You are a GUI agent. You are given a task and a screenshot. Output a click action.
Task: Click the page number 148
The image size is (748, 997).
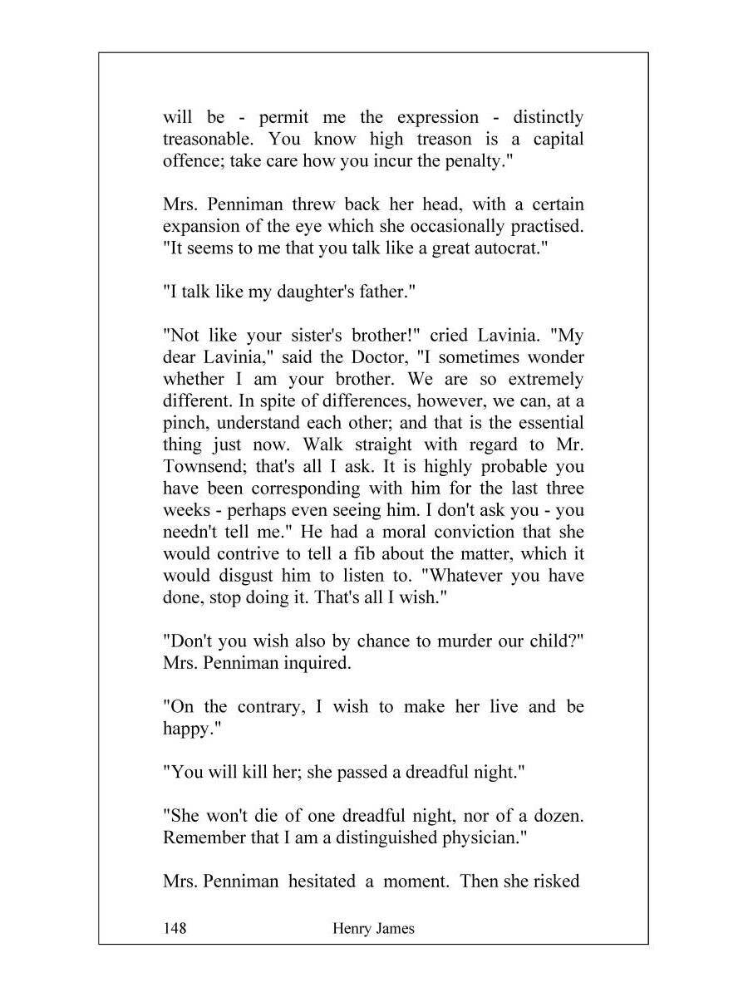pyautogui.click(x=175, y=928)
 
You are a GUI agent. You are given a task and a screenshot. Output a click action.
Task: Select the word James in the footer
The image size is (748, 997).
pyautogui.click(x=396, y=928)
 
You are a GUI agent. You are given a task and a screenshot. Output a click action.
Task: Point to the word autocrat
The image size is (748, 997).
pyautogui.click(x=509, y=248)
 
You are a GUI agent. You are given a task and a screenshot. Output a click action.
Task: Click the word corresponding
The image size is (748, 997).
pyautogui.click(x=309, y=489)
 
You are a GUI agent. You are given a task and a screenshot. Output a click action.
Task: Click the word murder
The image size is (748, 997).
pyautogui.click(x=444, y=641)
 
